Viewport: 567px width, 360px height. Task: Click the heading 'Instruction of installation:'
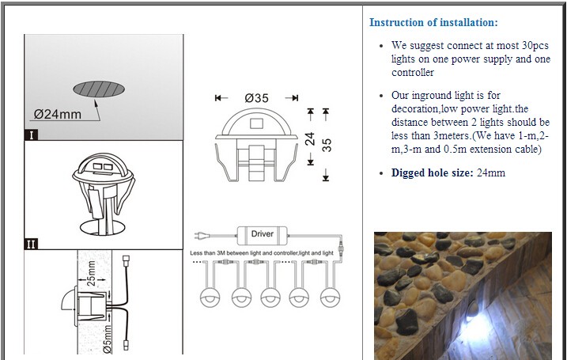[x=433, y=22]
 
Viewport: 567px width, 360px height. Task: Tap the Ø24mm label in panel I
[x=58, y=115]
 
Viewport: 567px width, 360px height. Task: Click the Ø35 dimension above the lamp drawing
[x=257, y=98]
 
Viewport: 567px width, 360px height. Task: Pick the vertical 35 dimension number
[x=326, y=147]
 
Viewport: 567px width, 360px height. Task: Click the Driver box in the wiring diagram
[x=262, y=234]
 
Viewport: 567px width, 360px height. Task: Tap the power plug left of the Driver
[x=201, y=235]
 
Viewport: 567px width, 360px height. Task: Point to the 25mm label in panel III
[x=91, y=274]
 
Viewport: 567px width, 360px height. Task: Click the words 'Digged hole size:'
[x=432, y=172]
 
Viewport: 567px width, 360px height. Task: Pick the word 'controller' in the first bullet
[x=412, y=73]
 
